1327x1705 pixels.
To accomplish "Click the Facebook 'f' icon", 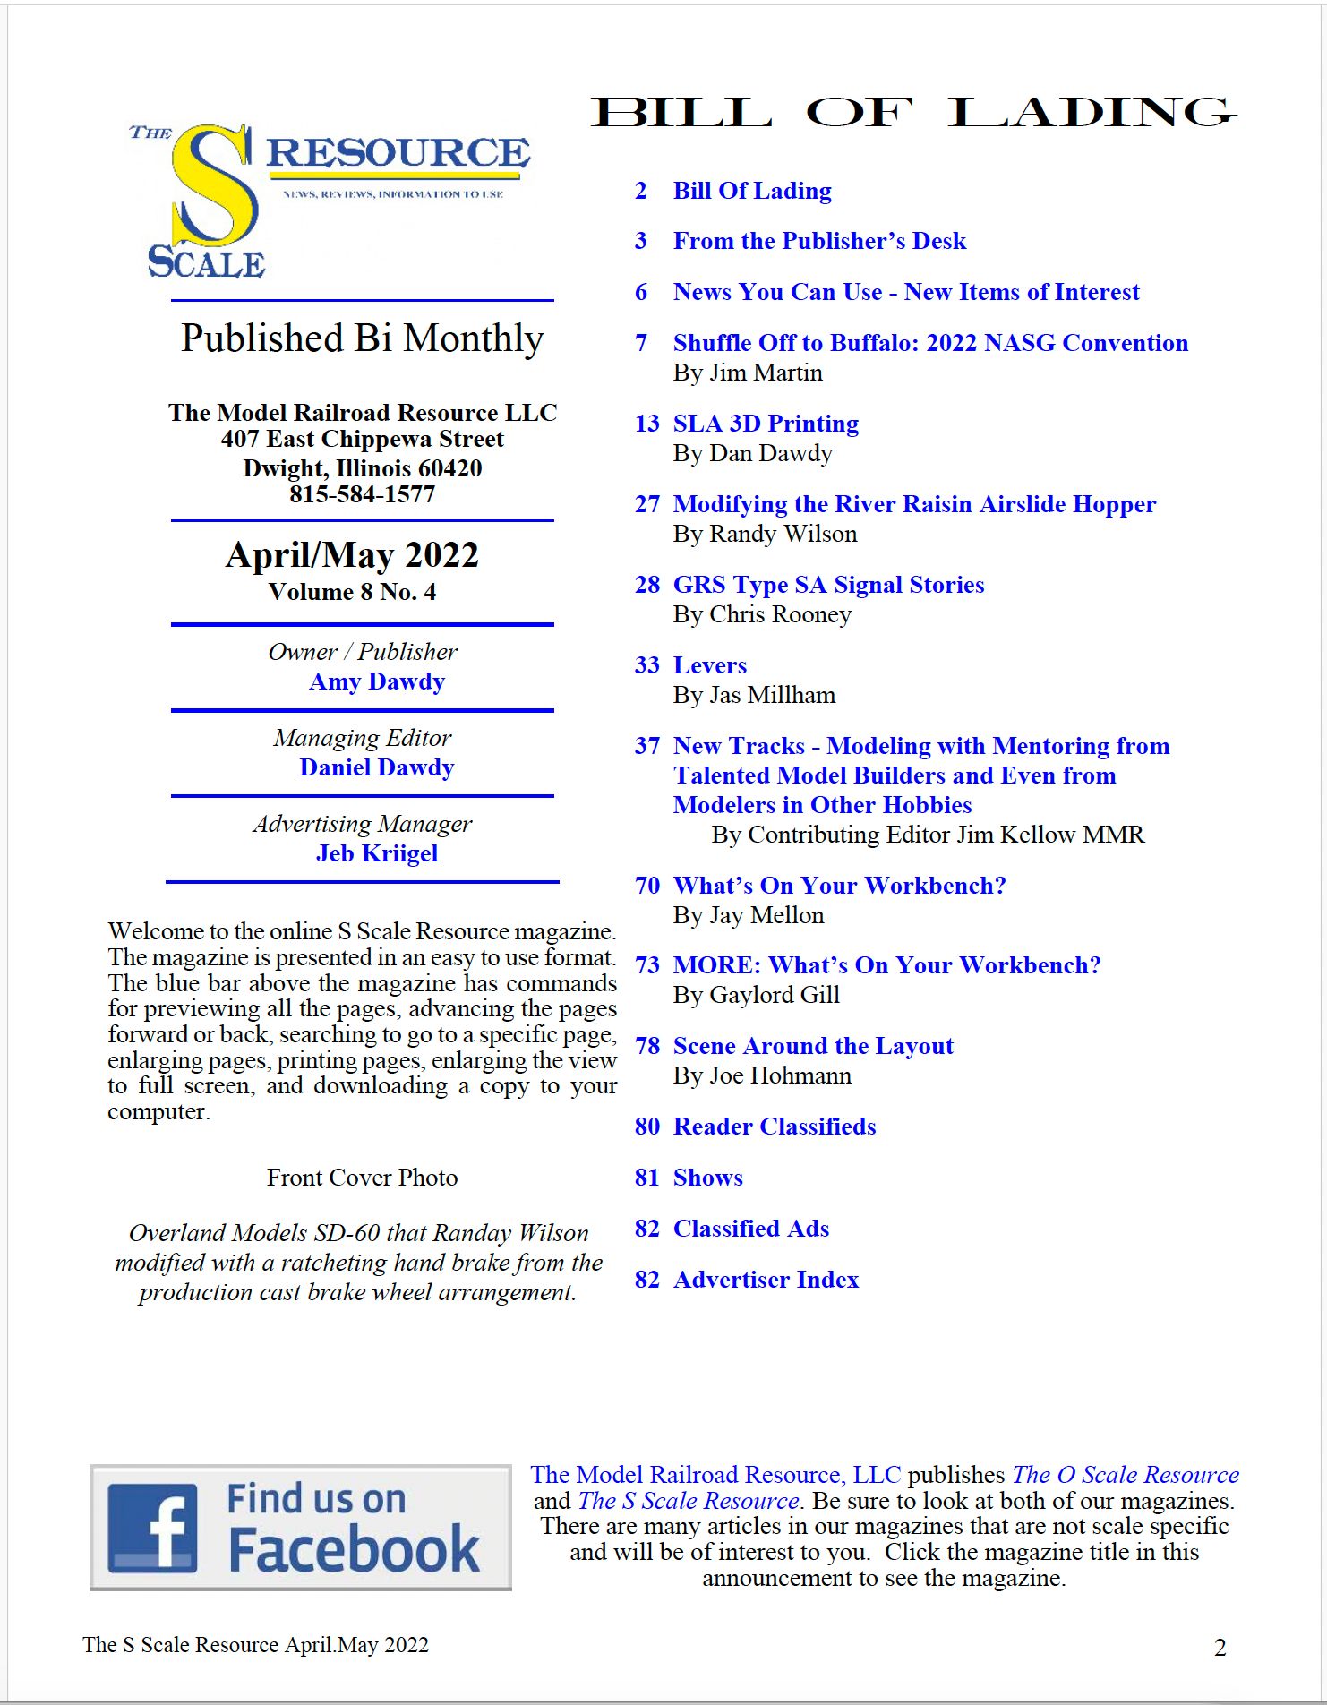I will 152,1528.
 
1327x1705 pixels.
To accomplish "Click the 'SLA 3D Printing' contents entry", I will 766,424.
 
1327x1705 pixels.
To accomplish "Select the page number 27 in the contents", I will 646,504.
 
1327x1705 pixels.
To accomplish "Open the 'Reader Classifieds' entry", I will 774,1127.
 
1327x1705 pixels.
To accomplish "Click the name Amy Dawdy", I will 377,681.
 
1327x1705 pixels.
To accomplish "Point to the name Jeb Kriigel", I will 377,853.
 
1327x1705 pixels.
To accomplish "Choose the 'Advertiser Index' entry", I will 766,1280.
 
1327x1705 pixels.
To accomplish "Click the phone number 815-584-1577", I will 362,494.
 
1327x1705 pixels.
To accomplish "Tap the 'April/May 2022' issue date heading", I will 352,555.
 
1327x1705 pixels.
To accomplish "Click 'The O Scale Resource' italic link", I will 1125,1475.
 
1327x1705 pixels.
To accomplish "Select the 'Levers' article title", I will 709,665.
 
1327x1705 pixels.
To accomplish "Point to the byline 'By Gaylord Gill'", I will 756,995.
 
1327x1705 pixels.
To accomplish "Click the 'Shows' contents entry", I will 707,1178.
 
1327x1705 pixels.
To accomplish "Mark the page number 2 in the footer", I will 1220,1647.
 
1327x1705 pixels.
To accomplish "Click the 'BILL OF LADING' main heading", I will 913,113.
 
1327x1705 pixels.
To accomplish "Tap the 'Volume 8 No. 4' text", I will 352,592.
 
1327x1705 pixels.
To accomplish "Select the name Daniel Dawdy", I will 377,767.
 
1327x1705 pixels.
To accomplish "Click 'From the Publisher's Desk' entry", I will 819,241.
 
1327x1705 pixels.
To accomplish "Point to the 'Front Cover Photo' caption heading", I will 362,1178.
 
